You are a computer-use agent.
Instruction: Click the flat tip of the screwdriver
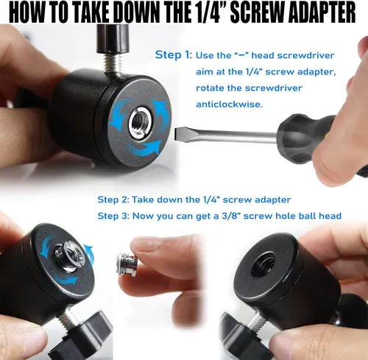tap(176, 134)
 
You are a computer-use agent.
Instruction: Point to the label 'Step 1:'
tap(174, 54)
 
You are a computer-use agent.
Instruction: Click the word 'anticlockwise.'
tap(230, 105)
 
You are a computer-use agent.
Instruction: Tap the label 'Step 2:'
tap(113, 200)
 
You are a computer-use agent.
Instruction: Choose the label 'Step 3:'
tap(113, 216)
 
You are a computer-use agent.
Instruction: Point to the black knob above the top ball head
tap(113, 39)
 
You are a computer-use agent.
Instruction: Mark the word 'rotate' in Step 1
tap(210, 88)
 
